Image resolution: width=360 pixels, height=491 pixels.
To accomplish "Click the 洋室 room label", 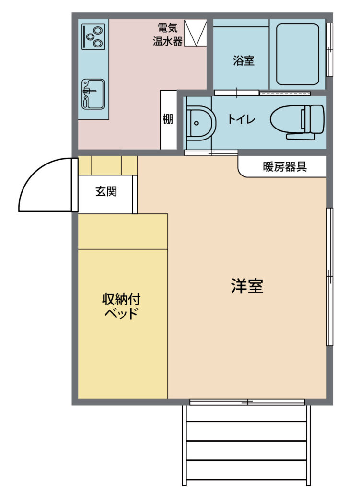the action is click(247, 286).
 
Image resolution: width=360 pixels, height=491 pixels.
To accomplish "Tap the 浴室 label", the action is click(244, 60).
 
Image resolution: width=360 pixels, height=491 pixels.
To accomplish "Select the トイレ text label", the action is click(241, 119).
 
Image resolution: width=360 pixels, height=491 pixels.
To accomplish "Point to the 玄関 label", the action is click(106, 191).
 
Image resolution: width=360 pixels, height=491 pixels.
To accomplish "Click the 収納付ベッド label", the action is click(121, 306).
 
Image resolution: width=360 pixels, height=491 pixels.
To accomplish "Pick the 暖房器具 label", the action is click(285, 166).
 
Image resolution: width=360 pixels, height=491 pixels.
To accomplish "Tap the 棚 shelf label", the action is click(167, 119).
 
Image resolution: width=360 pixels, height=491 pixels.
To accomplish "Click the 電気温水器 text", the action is click(167, 35).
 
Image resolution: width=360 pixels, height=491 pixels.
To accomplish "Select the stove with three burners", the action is click(93, 37).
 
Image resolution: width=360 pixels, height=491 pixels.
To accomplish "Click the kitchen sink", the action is click(93, 94).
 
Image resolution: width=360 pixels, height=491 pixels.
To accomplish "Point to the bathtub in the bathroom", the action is click(298, 54).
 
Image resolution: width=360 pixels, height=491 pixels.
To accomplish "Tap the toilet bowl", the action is click(297, 121).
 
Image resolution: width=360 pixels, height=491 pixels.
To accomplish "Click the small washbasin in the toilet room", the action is click(201, 123).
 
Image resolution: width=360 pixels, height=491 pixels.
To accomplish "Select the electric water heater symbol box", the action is click(195, 33).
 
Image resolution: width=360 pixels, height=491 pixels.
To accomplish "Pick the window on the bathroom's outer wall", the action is click(330, 49).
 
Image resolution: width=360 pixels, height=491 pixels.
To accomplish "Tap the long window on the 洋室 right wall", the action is click(330, 277).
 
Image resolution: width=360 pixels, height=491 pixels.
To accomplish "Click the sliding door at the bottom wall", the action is click(247, 402).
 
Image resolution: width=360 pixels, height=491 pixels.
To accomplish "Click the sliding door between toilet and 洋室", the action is click(211, 153).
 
